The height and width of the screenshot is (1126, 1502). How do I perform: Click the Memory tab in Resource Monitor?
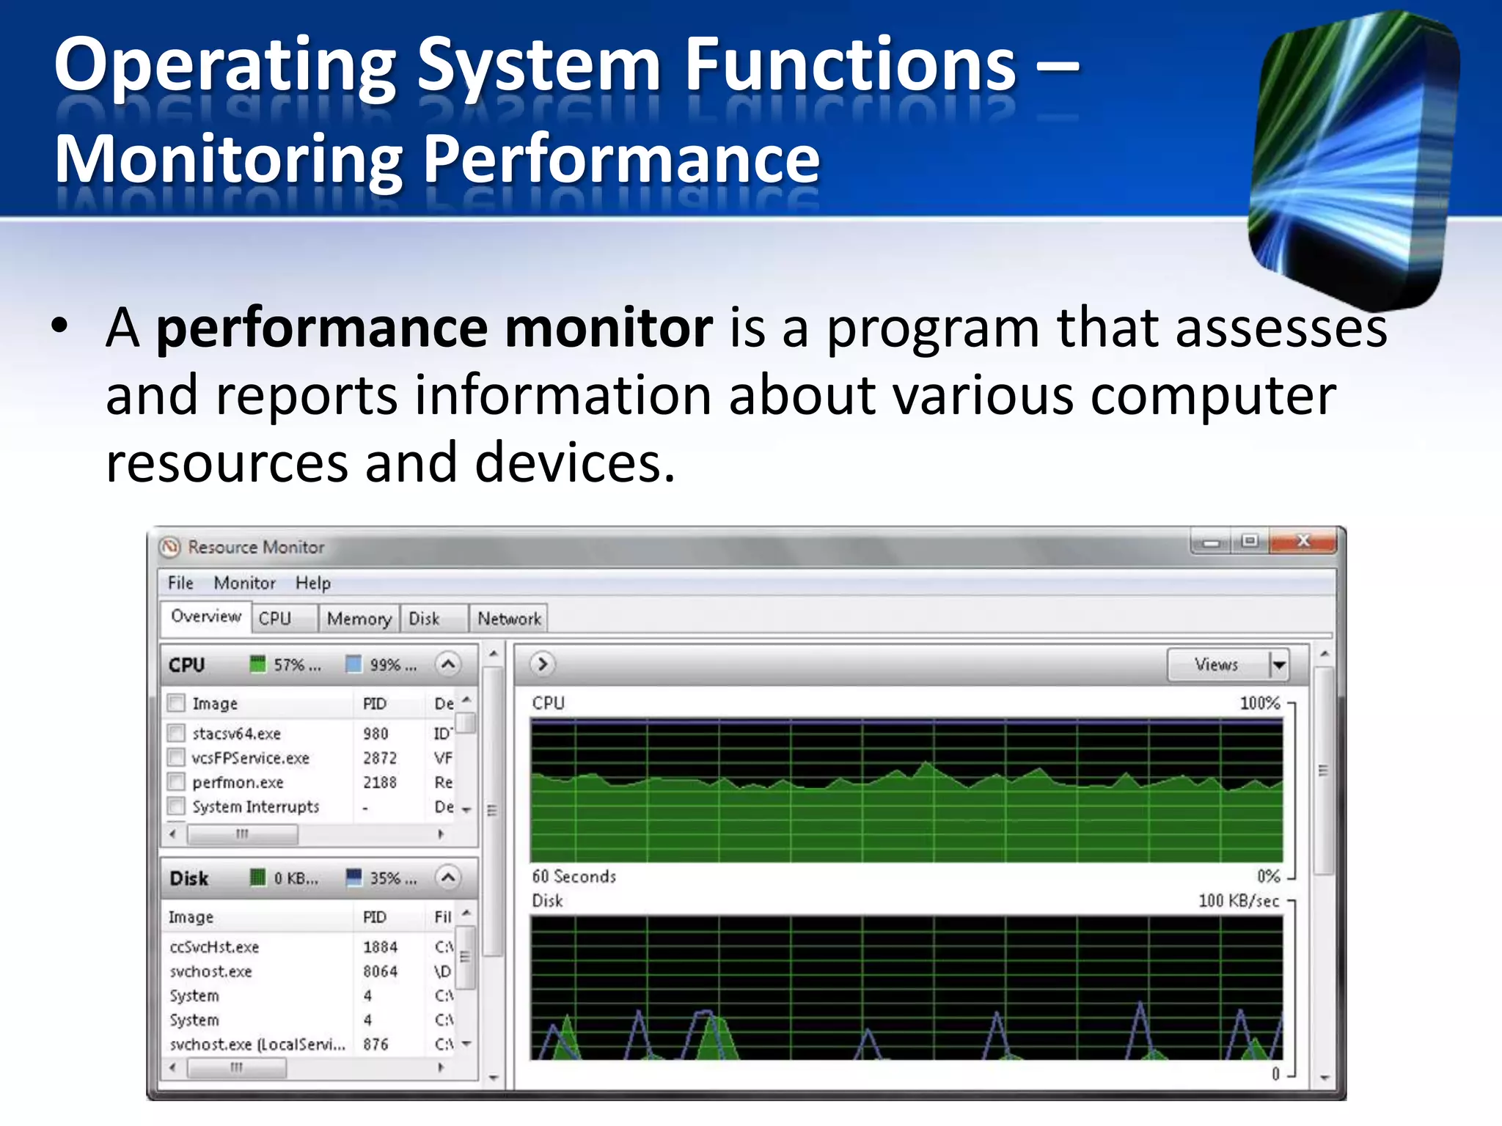359,619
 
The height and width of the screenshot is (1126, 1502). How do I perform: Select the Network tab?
509,619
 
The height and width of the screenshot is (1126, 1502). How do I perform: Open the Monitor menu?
244,583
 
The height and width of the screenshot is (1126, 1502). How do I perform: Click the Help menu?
313,583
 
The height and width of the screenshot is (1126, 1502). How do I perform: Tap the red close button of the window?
1303,541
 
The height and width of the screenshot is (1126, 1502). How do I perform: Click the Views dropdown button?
1278,665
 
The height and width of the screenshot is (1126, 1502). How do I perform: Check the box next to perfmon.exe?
176,781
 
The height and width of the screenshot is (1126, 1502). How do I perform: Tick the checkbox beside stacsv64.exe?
176,733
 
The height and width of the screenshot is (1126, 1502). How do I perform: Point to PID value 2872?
379,758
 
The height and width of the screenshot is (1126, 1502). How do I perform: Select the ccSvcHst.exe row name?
214,947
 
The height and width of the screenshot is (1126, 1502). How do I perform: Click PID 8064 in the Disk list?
380,971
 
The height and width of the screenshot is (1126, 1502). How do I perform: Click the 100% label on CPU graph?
1259,703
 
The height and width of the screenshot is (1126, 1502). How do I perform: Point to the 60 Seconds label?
574,877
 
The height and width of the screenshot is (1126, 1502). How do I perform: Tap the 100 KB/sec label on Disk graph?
1238,901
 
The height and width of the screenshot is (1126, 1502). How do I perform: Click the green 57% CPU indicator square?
257,664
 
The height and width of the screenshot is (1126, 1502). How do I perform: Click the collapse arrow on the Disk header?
448,877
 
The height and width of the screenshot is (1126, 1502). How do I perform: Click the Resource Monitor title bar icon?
170,547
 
